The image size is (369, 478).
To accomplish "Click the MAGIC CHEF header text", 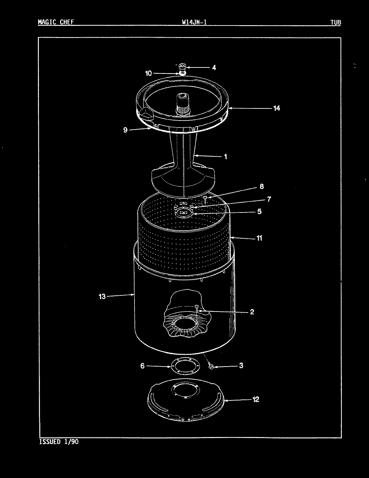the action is pos(56,22).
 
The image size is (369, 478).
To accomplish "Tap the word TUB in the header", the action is pos(335,22).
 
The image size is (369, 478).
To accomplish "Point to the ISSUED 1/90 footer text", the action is pos(59,442).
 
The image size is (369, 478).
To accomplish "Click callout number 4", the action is pos(214,67).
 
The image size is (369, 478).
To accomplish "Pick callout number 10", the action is pos(148,73).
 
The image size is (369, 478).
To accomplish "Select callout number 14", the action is pos(276,108).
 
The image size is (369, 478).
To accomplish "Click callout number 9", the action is pos(125,130).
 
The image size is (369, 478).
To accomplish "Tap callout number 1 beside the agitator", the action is pos(225,156).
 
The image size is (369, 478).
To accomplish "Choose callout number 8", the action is pos(261,186).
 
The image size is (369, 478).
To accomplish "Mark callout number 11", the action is pos(259,238).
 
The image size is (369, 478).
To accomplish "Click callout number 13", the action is pos(102,296).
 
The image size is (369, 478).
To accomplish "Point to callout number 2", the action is pos(252,312).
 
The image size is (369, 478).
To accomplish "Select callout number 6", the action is pos(142,366).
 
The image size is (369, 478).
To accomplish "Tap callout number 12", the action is pos(256,399).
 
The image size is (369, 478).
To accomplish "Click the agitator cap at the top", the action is pos(183,66).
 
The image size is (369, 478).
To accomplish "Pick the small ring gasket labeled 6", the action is pos(186,366).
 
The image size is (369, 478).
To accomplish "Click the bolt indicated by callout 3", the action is pos(211,367).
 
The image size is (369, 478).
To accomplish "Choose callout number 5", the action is pos(259,212).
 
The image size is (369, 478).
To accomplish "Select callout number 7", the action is pos(268,199).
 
